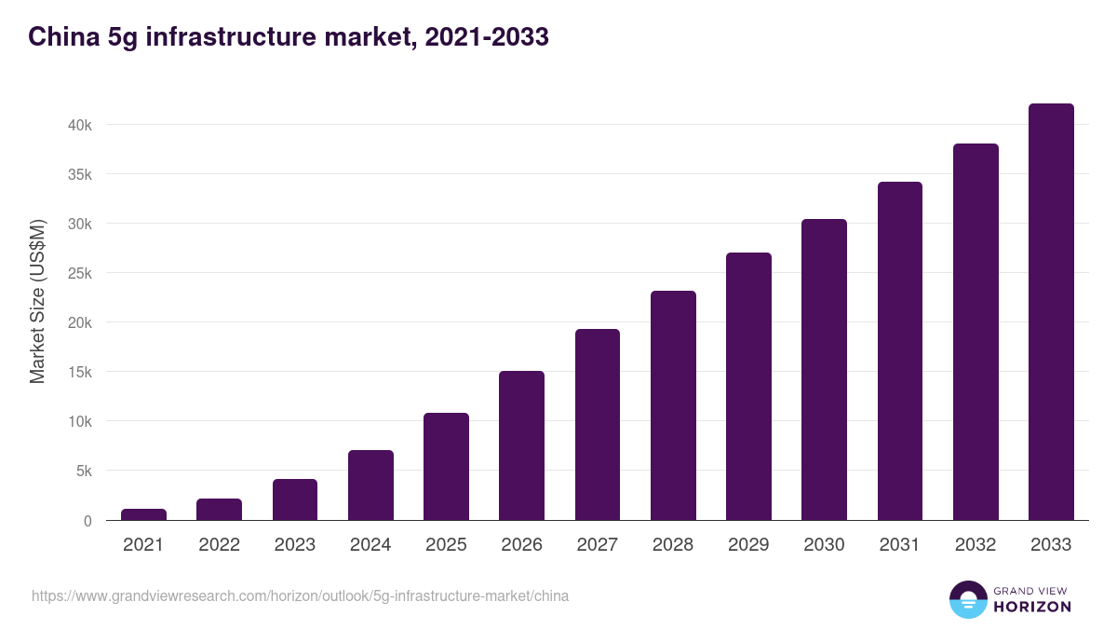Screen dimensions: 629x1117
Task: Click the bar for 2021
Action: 143,514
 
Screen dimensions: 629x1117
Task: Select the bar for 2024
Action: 370,485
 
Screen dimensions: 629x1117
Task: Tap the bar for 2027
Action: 598,425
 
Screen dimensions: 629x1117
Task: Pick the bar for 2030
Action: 824,370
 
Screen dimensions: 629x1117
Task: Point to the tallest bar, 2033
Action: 1051,312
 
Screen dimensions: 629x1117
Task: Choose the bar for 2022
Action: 219,510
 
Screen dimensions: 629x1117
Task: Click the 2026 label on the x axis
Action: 521,545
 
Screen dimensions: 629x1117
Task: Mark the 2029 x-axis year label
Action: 748,545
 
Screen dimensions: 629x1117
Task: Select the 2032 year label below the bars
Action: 976,545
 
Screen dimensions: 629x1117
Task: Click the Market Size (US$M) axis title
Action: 37,301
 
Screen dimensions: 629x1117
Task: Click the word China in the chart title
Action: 61,37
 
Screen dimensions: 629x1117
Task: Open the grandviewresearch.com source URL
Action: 300,595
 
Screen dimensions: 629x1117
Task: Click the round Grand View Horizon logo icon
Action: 967,599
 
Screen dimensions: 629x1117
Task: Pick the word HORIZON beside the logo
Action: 1032,607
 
